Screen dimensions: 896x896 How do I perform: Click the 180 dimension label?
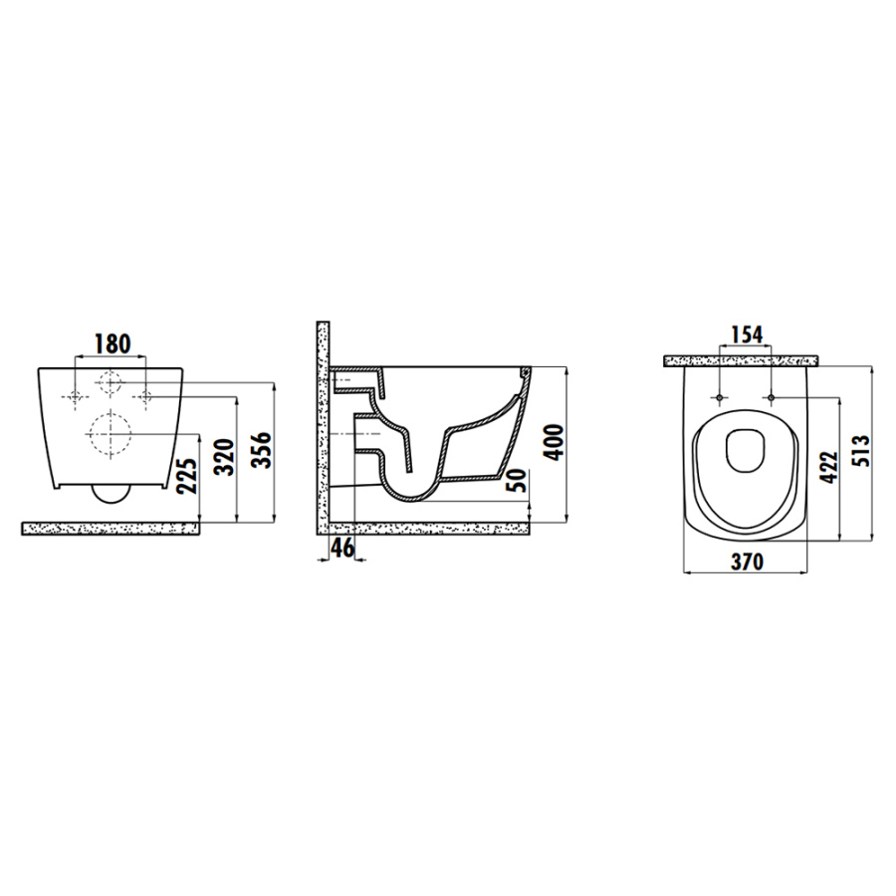click(112, 343)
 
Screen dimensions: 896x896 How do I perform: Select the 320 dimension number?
click(224, 457)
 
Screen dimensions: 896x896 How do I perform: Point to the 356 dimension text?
click(261, 450)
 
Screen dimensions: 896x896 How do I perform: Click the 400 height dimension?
click(554, 442)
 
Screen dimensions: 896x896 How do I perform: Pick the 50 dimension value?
click(516, 481)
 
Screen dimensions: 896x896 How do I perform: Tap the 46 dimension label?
click(342, 548)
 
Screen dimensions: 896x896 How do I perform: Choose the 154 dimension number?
click(748, 335)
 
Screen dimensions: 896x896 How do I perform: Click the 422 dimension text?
click(828, 467)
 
